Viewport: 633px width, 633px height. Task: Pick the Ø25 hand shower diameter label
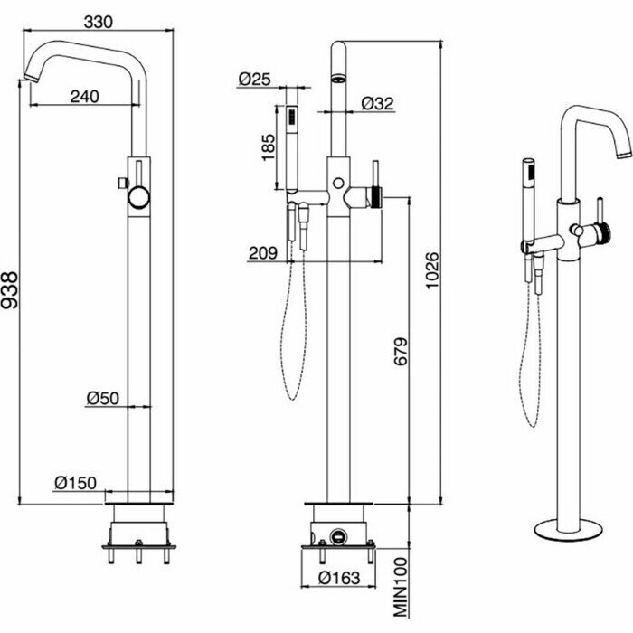[256, 79]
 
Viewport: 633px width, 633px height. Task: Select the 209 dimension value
[263, 255]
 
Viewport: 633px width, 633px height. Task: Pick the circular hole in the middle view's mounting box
[339, 534]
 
